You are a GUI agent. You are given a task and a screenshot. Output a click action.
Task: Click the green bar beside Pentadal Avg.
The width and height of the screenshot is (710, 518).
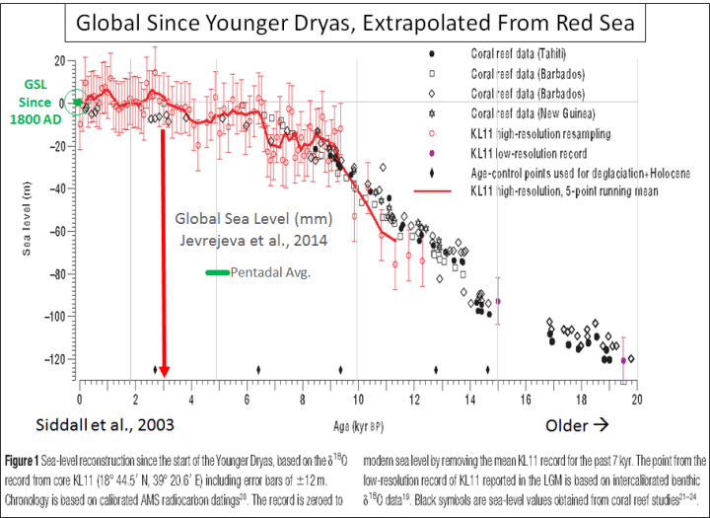point(216,272)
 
